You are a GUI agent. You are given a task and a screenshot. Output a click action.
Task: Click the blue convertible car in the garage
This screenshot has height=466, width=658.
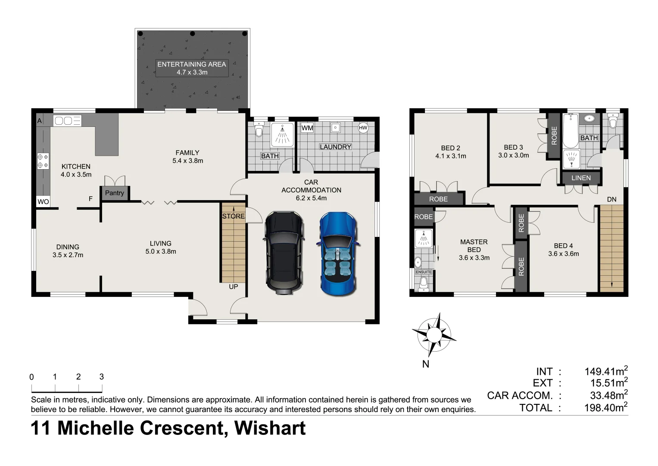pyautogui.click(x=339, y=254)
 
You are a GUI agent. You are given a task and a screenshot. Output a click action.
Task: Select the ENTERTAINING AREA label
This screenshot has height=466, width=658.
pyautogui.click(x=192, y=64)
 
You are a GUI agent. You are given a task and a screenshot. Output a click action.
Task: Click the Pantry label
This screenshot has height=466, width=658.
pyautogui.click(x=114, y=193)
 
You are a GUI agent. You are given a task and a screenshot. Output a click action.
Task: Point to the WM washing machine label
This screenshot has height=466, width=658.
pyautogui.click(x=307, y=128)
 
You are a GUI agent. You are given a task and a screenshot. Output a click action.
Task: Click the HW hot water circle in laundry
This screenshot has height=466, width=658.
pyautogui.click(x=363, y=128)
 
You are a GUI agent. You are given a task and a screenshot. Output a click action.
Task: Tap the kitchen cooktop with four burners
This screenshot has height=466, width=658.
pyautogui.click(x=43, y=161)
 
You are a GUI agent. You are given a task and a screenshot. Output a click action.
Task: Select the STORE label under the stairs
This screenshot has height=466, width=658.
pyautogui.click(x=233, y=216)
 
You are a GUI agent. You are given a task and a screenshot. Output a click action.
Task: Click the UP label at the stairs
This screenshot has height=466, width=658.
pyautogui.click(x=233, y=287)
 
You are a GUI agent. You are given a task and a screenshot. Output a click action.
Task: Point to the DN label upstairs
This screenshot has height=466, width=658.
pyautogui.click(x=611, y=199)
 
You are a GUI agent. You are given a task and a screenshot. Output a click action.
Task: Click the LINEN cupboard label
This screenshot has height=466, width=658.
pyautogui.click(x=581, y=178)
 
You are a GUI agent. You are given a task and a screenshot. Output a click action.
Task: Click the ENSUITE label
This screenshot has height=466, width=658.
pyautogui.click(x=424, y=272)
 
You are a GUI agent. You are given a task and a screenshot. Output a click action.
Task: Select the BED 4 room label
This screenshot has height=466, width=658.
pyautogui.click(x=563, y=246)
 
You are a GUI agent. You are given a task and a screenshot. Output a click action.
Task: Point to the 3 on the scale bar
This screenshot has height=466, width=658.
pyautogui.click(x=102, y=377)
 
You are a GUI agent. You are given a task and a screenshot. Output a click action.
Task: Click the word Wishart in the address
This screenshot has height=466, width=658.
pyautogui.click(x=270, y=428)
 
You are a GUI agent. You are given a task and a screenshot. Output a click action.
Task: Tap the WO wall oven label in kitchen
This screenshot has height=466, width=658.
pyautogui.click(x=43, y=202)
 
